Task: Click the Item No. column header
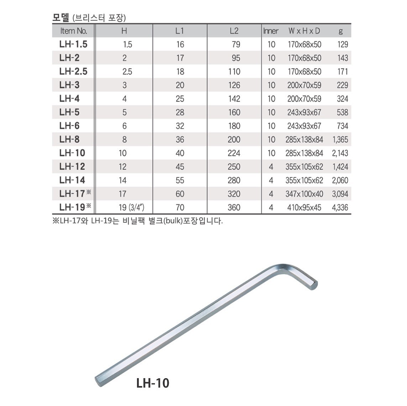[x=73, y=31]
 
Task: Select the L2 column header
[x=234, y=31]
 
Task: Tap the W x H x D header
[x=304, y=31]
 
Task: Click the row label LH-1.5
[x=73, y=44]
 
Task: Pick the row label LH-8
[x=69, y=139]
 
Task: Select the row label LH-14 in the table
[x=72, y=180]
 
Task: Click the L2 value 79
[x=236, y=45]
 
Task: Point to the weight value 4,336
[x=340, y=208]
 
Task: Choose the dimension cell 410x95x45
[x=304, y=208]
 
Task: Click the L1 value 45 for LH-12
[x=180, y=167]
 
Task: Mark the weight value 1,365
[x=340, y=140]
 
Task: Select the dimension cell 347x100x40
[x=304, y=194]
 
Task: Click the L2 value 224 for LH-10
[x=234, y=153]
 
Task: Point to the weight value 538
[x=342, y=113]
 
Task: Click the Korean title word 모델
[x=61, y=18]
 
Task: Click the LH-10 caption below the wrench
[x=152, y=383]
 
